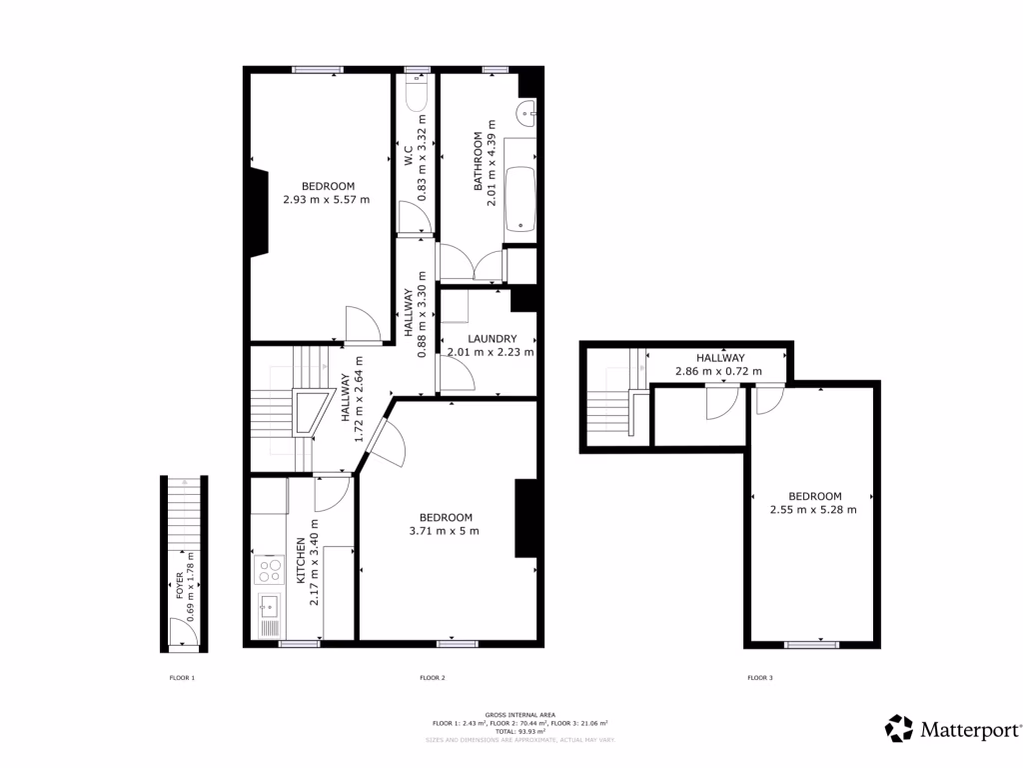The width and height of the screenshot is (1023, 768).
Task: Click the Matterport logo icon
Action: click(899, 728)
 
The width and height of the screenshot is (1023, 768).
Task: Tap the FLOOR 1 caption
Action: click(181, 678)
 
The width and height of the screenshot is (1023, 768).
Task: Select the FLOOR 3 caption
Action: click(759, 678)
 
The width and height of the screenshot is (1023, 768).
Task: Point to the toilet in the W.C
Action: click(418, 95)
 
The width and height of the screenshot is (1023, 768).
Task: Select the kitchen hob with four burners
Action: click(270, 570)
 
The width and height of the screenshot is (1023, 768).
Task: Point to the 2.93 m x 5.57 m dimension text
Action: click(326, 199)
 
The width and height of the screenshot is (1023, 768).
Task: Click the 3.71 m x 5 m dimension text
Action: click(444, 531)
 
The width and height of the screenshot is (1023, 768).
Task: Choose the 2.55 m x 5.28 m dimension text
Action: click(813, 509)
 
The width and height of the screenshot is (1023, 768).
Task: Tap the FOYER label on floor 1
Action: click(180, 585)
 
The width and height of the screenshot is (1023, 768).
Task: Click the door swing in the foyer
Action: click(181, 632)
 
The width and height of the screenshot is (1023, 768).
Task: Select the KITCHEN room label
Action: click(300, 562)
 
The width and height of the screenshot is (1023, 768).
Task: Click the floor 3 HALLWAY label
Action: click(720, 358)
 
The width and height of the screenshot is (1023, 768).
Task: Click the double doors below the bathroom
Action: click(473, 265)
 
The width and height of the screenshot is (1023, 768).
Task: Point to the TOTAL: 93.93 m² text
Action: click(518, 731)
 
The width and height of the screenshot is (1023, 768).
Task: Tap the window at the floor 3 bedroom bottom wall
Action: click(811, 645)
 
